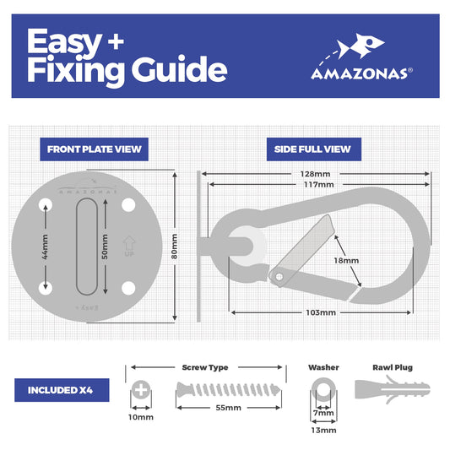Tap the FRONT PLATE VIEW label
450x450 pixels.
click(x=94, y=150)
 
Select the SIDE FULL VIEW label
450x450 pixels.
click(x=312, y=150)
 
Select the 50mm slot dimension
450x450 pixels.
click(x=106, y=246)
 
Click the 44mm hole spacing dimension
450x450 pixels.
click(x=46, y=246)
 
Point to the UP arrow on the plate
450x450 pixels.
click(x=130, y=246)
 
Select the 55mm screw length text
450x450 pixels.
click(x=228, y=408)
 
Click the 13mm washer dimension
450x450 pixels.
click(x=324, y=430)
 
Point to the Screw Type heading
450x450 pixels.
click(x=205, y=367)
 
